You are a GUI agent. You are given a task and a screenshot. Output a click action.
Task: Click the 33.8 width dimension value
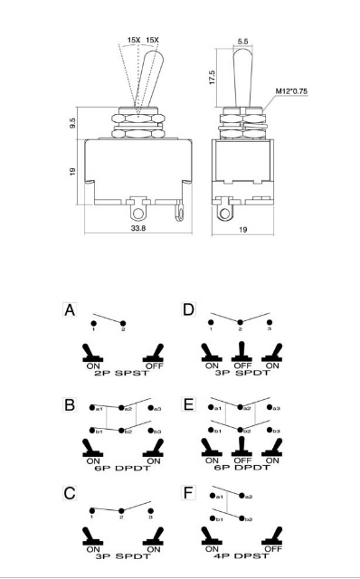coord(138,228)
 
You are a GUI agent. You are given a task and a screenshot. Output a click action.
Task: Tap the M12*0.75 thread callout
coord(291,91)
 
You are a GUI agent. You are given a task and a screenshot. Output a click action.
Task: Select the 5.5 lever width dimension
coord(243,42)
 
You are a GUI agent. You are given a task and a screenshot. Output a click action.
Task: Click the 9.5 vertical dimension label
coord(72,123)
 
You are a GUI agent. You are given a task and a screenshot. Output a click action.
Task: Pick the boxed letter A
coord(70,309)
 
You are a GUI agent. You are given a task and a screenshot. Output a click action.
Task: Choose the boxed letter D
coord(188,309)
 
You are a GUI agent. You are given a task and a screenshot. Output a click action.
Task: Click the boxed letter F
coord(188,492)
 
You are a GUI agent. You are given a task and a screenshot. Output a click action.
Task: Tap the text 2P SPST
coord(122,373)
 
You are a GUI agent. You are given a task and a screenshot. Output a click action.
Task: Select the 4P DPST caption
coord(242,555)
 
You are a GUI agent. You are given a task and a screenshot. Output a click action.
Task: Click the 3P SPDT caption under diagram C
coord(123,556)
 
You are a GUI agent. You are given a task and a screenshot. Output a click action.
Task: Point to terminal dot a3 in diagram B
coord(150,408)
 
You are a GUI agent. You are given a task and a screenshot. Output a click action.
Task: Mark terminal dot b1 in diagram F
coord(213,518)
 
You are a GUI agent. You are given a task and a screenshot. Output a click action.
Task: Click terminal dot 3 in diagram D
coord(270,322)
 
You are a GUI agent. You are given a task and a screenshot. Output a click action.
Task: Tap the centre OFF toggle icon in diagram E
coord(242,446)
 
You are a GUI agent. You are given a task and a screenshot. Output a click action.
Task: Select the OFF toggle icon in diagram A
coord(154,353)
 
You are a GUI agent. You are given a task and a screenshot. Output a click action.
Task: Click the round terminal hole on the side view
coord(224,214)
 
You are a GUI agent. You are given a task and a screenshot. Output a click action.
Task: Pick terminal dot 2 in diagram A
coord(123,324)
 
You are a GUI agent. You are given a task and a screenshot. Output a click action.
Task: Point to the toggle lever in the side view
coord(242,78)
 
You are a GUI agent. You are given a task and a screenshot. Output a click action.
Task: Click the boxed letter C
coord(70,493)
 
